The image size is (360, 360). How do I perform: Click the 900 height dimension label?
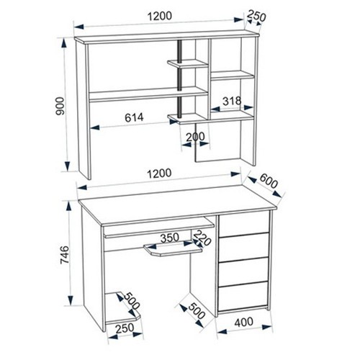point(60,106)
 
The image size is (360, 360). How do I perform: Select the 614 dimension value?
point(134,117)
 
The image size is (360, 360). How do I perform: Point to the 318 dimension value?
point(232,101)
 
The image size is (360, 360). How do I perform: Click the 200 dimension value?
point(195,137)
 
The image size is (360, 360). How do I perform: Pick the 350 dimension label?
point(170,238)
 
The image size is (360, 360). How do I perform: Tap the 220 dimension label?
point(202,238)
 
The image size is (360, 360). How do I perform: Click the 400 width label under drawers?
point(243,322)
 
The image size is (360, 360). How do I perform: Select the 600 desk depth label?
point(269,181)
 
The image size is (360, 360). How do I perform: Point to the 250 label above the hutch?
point(256,16)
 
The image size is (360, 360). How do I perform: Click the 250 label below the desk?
point(125,328)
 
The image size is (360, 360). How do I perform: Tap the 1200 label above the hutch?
point(160,17)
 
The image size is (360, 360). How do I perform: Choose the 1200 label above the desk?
point(159,174)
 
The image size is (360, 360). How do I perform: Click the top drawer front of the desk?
point(243,224)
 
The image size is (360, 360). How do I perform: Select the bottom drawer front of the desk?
point(243,296)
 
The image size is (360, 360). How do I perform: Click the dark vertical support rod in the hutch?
point(179,79)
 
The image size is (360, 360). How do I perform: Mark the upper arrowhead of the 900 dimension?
point(64,44)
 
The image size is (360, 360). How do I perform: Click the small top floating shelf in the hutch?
point(187,64)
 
